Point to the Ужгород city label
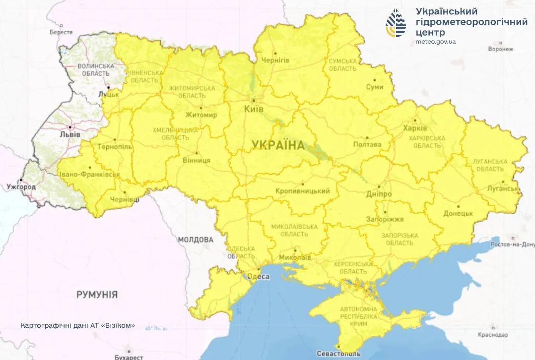[x=21, y=187]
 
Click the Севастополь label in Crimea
[x=339, y=354]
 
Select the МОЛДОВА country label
[x=195, y=240]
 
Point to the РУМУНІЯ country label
[x=97, y=295]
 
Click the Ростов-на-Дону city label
[x=512, y=244]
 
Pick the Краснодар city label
[x=492, y=335]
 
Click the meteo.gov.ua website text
[x=435, y=42]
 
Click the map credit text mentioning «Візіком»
[x=78, y=326]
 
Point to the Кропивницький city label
[x=302, y=191]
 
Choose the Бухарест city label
[x=129, y=357]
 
